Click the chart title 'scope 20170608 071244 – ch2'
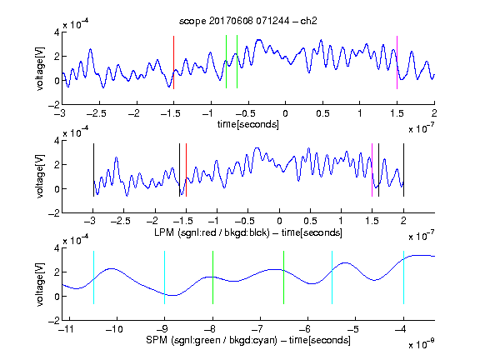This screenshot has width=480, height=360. pyautogui.click(x=248, y=21)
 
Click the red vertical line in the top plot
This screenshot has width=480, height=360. pyautogui.click(x=173, y=62)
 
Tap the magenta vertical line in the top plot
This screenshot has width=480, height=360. pyautogui.click(x=397, y=62)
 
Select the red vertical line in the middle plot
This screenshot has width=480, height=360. pyautogui.click(x=186, y=170)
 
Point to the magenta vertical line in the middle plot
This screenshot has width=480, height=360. pyautogui.click(x=372, y=170)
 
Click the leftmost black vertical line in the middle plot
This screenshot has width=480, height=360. pyautogui.click(x=93, y=170)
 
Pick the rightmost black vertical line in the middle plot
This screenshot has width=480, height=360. pyautogui.click(x=403, y=170)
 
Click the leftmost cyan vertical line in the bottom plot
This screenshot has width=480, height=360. pyautogui.click(x=93, y=277)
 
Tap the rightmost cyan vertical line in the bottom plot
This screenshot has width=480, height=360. pyautogui.click(x=403, y=277)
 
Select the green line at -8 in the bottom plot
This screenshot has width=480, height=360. pyautogui.click(x=212, y=277)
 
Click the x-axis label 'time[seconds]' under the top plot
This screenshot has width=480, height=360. pyautogui.click(x=248, y=124)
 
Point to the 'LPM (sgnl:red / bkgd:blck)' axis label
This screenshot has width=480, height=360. pyautogui.click(x=212, y=232)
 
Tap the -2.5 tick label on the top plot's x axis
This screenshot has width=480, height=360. pyautogui.click(x=97, y=113)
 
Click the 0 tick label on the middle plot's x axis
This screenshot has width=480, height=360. pyautogui.click(x=279, y=221)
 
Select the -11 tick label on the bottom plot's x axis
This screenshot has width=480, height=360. pyautogui.click(x=66, y=329)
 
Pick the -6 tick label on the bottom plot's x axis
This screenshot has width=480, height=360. pyautogui.click(x=305, y=329)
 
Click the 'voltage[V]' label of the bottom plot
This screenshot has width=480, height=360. pyautogui.click(x=40, y=284)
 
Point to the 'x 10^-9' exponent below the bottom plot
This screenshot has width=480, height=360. pyautogui.click(x=421, y=344)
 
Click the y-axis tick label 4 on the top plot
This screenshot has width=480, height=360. pyautogui.click(x=57, y=32)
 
